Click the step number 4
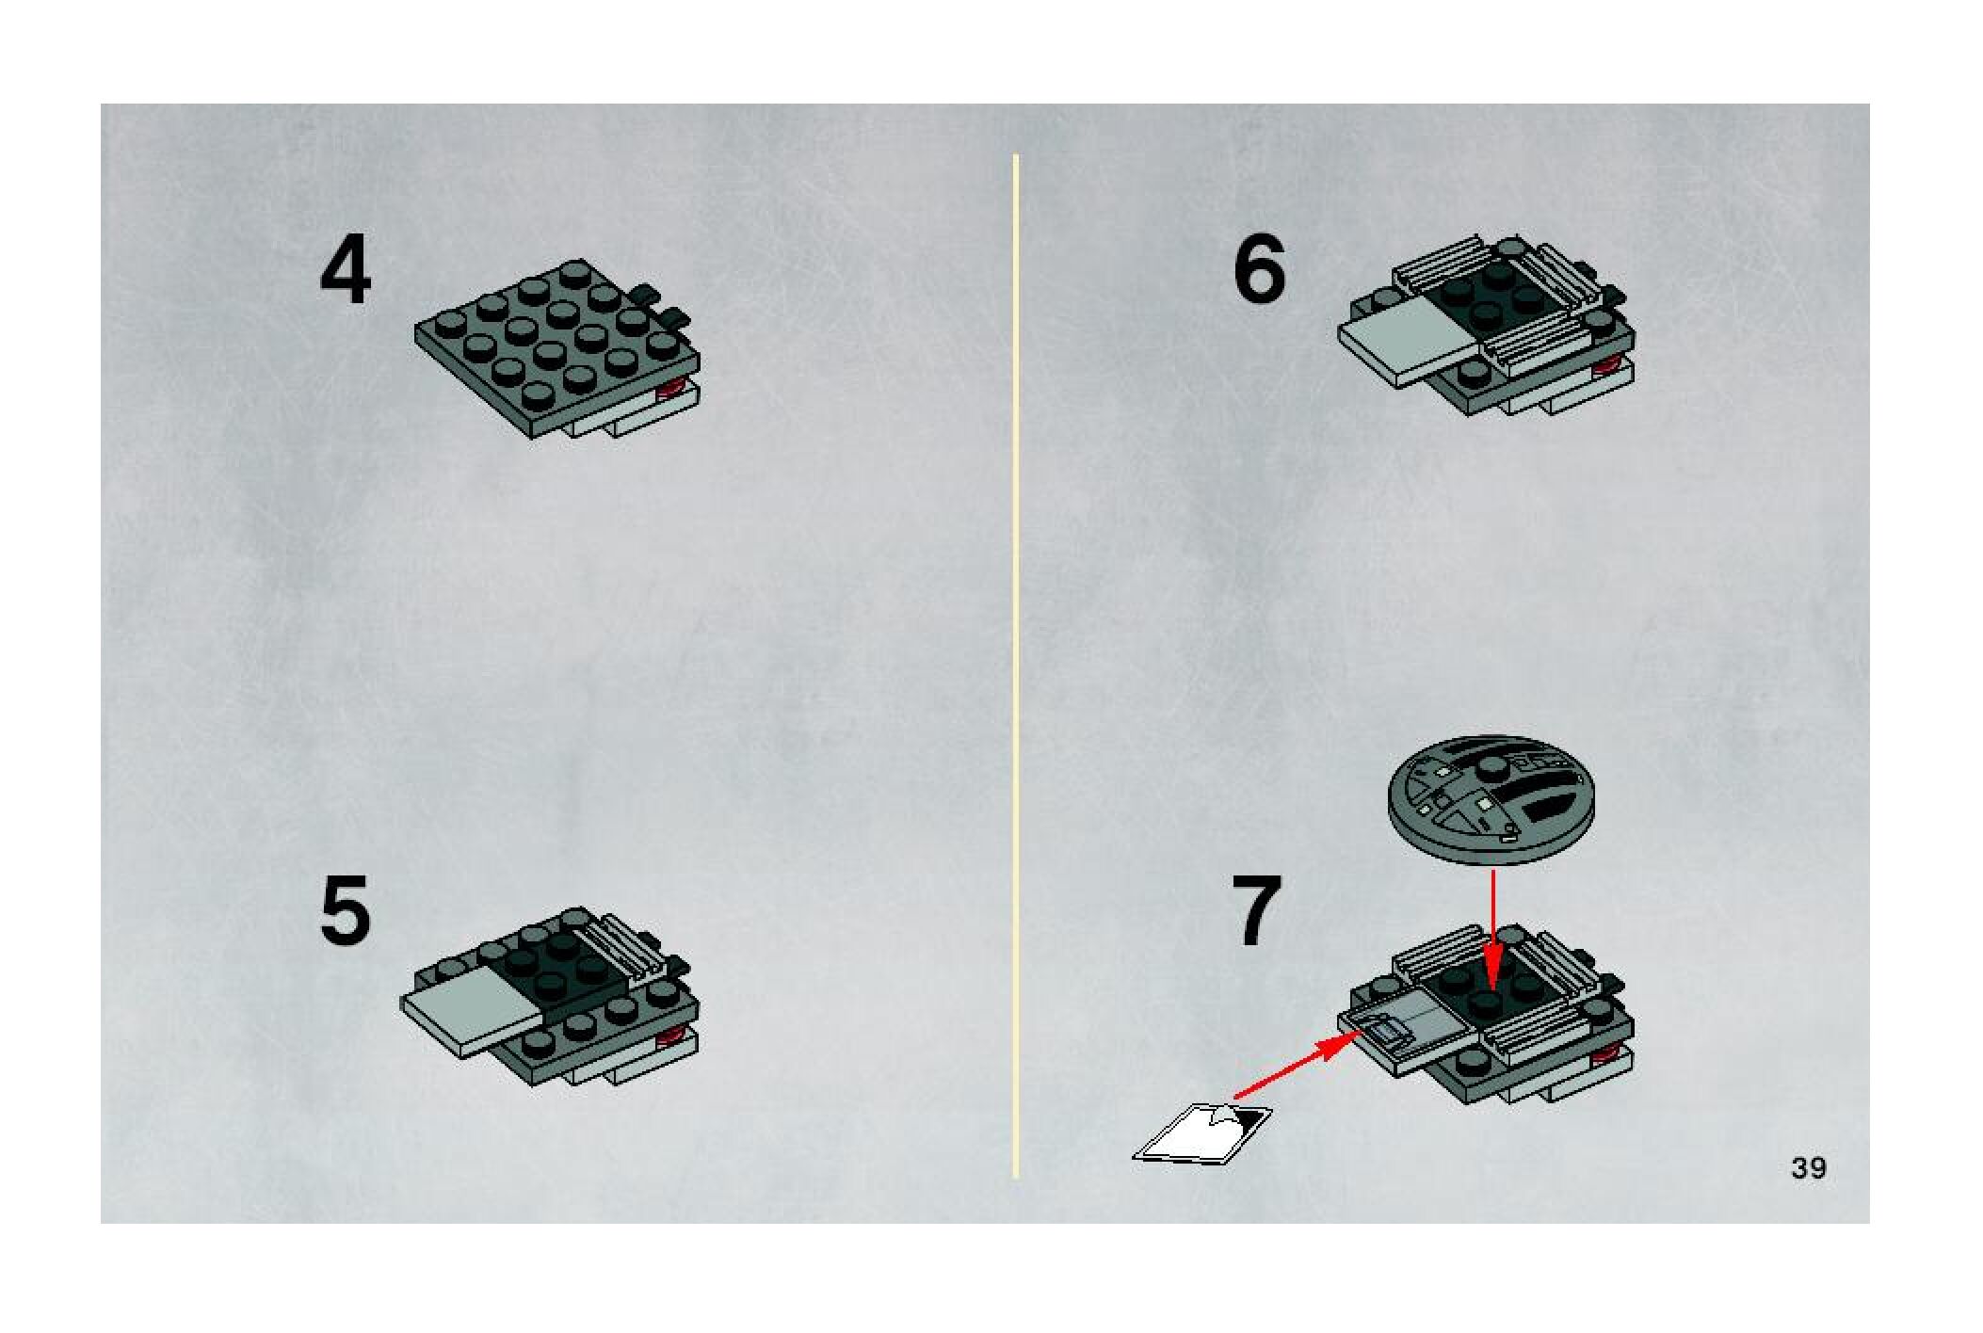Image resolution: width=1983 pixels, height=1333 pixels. coord(346,272)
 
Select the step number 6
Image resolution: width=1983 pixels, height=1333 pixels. coord(1259,268)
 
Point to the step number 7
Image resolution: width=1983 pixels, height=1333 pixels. coord(1257,911)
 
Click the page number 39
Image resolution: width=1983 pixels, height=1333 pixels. coord(1809,1168)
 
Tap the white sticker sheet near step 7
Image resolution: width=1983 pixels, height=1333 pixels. coord(1203,1132)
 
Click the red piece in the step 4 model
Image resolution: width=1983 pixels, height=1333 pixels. coord(673,388)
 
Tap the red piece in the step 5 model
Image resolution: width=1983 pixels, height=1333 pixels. coord(672,1037)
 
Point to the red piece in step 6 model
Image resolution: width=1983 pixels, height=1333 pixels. coord(1607,367)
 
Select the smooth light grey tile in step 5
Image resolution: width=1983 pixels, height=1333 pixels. coord(472,1013)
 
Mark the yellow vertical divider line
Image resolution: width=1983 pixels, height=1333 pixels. coord(1016,666)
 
